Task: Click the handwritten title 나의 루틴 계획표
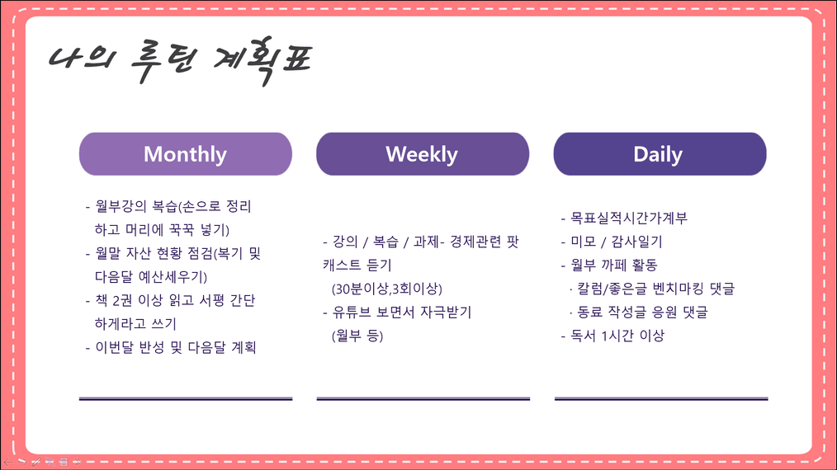click(x=181, y=59)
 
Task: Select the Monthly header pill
click(x=185, y=154)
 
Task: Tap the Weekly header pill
click(x=423, y=154)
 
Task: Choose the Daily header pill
click(x=660, y=154)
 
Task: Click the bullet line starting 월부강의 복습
click(x=168, y=206)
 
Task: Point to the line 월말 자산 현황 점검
click(x=173, y=253)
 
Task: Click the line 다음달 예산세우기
click(x=151, y=277)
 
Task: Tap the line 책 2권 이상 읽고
click(x=170, y=300)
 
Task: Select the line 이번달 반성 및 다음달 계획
click(x=171, y=347)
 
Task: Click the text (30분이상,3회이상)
click(x=387, y=289)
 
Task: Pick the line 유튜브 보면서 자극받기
click(x=397, y=312)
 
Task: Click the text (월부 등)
click(x=357, y=336)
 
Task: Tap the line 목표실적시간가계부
click(x=624, y=219)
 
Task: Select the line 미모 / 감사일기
click(x=611, y=242)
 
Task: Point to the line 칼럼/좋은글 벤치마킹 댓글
click(x=652, y=289)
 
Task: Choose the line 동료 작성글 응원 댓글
click(x=638, y=312)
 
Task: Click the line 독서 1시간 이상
click(x=612, y=336)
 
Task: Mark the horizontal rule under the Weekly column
click(x=423, y=398)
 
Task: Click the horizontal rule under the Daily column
click(x=661, y=398)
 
